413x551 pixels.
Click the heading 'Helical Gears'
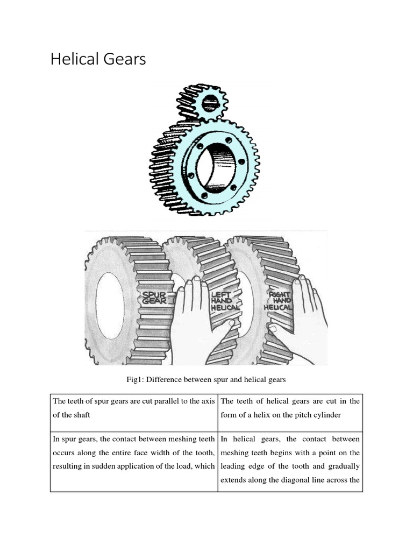click(98, 59)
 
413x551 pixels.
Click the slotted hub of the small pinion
click(209, 102)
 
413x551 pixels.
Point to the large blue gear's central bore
click(215, 164)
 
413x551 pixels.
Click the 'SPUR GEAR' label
click(154, 298)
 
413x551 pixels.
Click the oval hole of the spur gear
click(110, 306)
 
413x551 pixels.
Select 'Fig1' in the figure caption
click(133, 380)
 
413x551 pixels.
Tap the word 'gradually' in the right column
click(341, 466)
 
